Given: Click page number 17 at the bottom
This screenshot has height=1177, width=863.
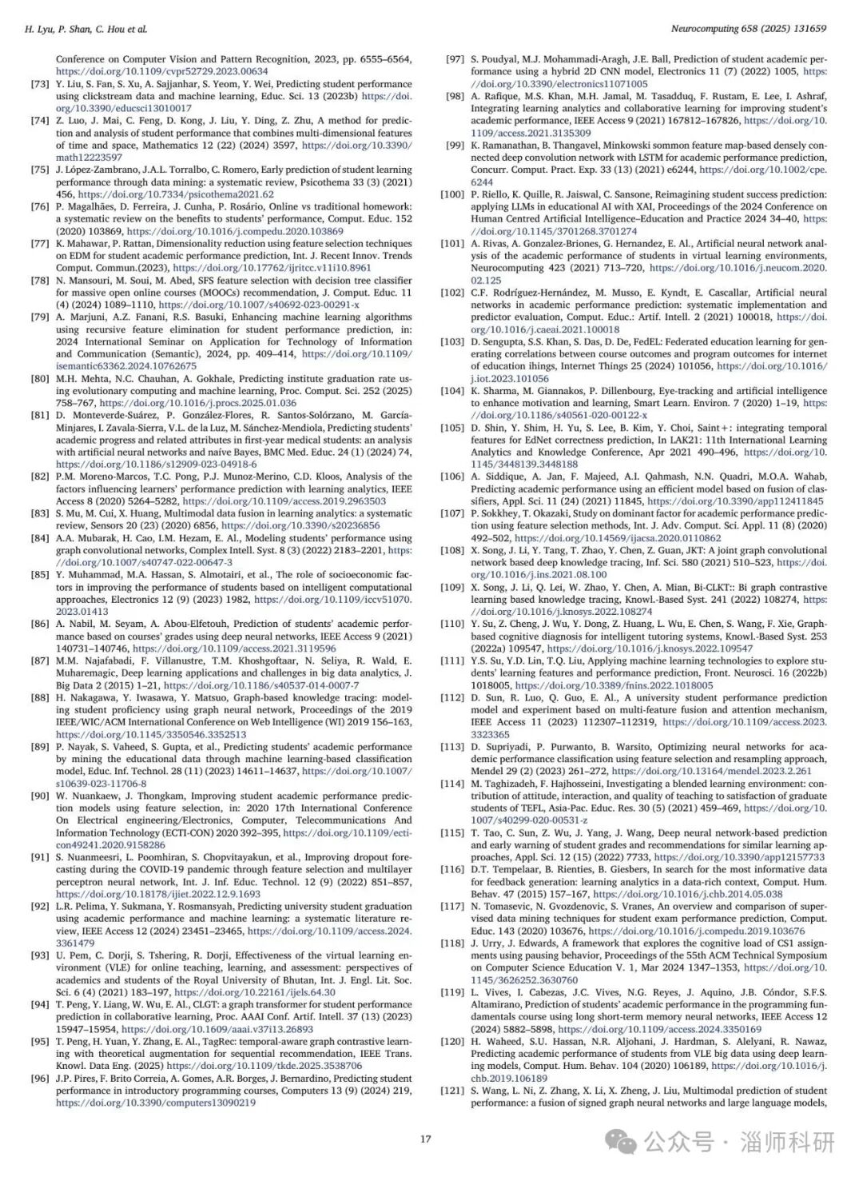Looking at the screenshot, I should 426,1139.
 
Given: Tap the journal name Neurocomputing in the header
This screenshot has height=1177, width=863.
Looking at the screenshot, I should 702,28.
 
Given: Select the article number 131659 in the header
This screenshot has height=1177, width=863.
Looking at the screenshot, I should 808,28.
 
